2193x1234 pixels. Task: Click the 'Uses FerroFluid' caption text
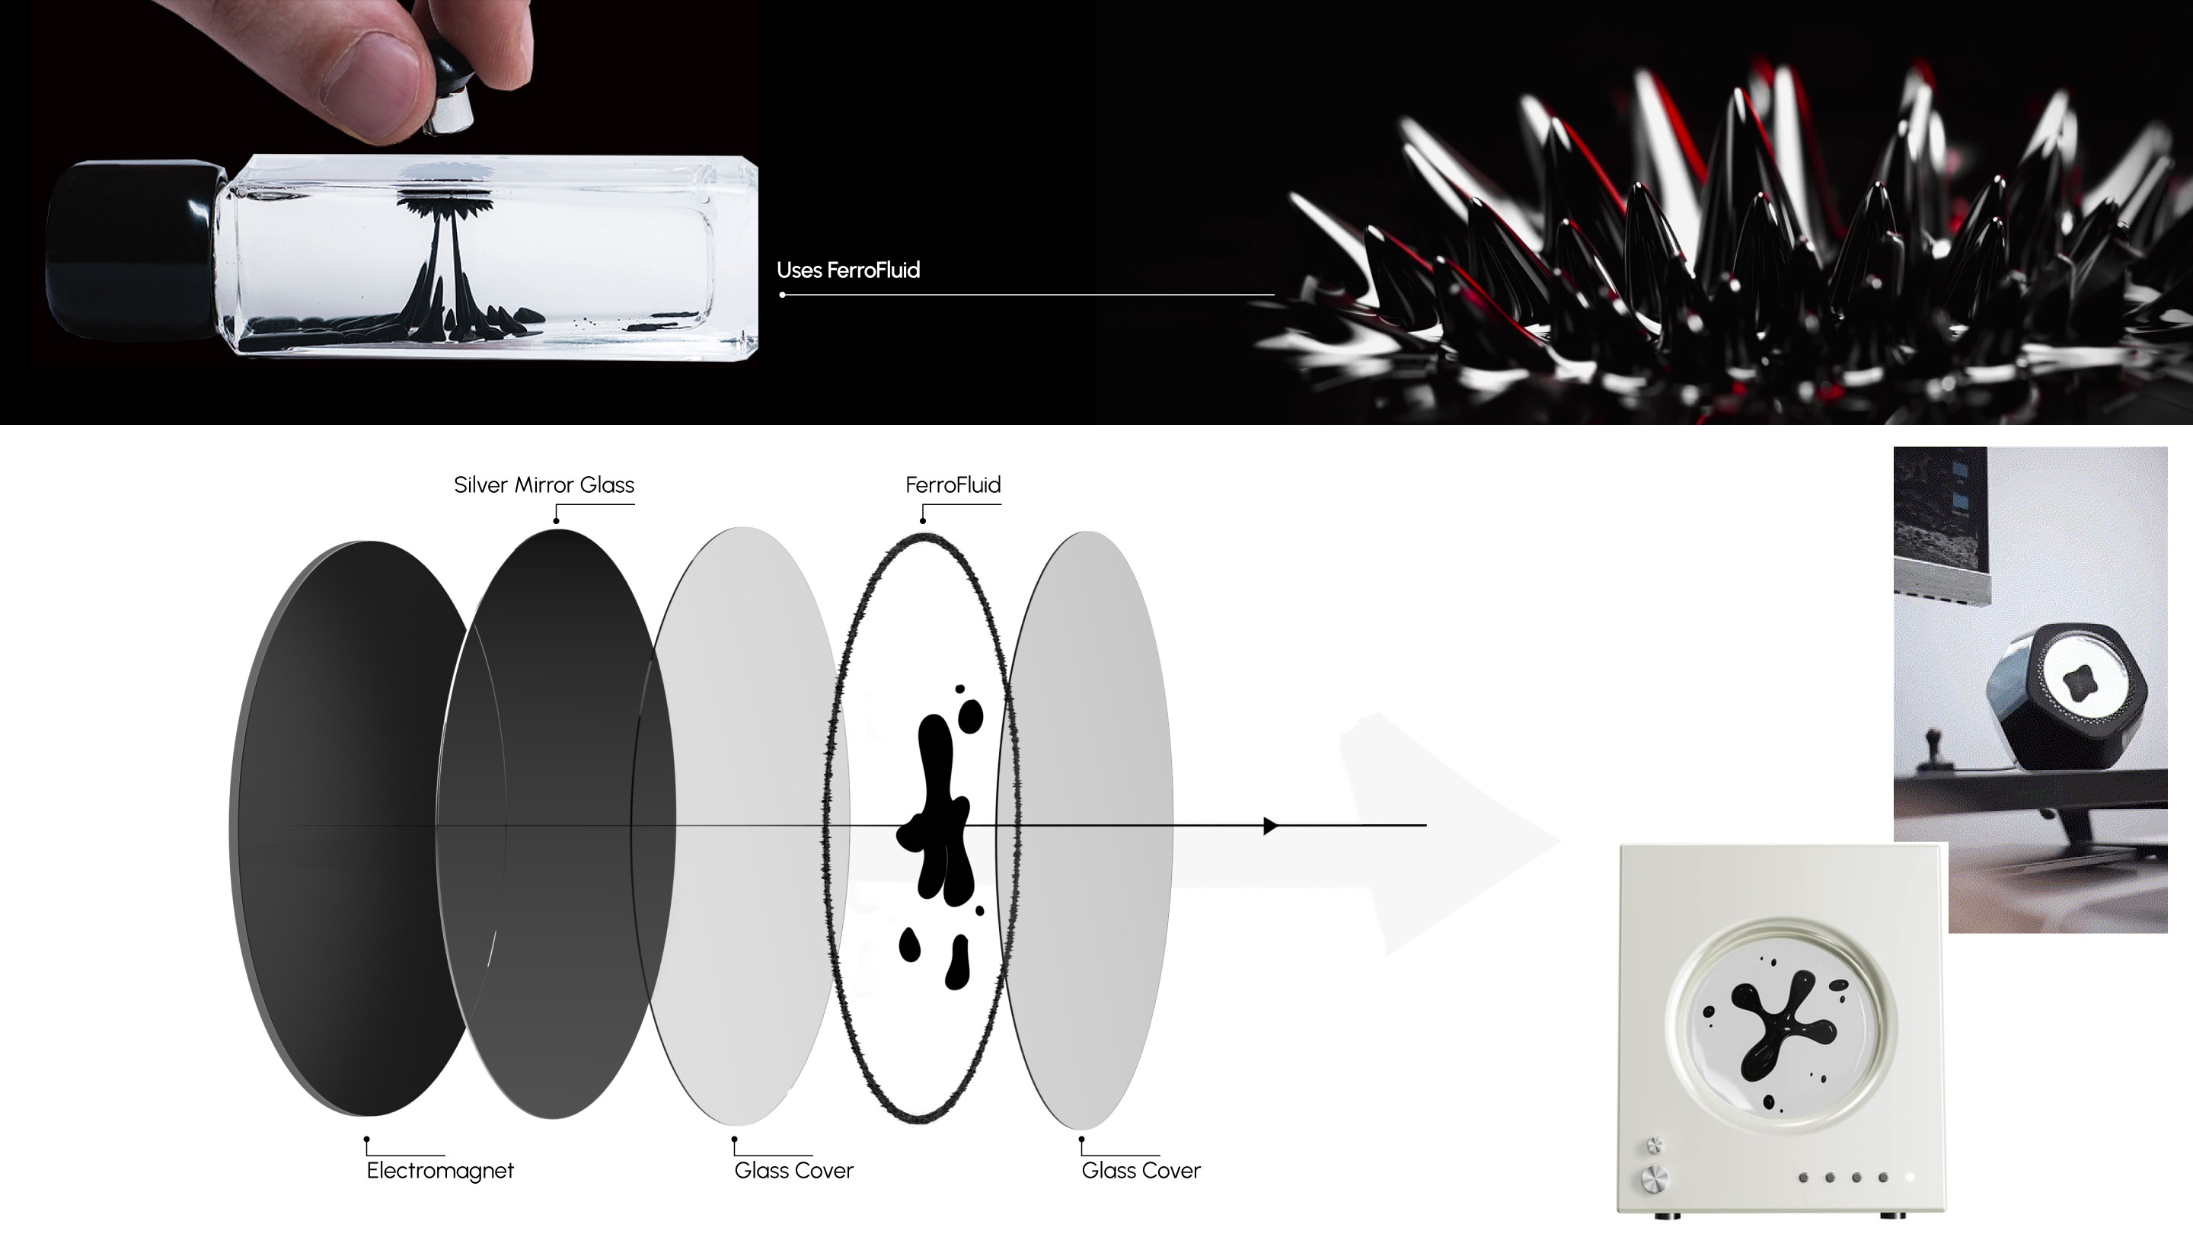848,270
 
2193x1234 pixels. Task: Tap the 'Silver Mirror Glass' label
544,484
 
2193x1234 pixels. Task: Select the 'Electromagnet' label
440,1171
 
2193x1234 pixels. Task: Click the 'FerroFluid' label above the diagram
953,484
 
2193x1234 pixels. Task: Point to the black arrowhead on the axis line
1270,826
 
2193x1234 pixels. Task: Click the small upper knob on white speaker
1654,1143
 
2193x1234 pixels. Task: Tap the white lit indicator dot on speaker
1910,1178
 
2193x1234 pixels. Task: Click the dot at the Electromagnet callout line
366,1139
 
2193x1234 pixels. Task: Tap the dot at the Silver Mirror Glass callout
556,520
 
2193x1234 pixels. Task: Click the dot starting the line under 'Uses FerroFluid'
782,295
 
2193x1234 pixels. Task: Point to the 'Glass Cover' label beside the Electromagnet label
793,1171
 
